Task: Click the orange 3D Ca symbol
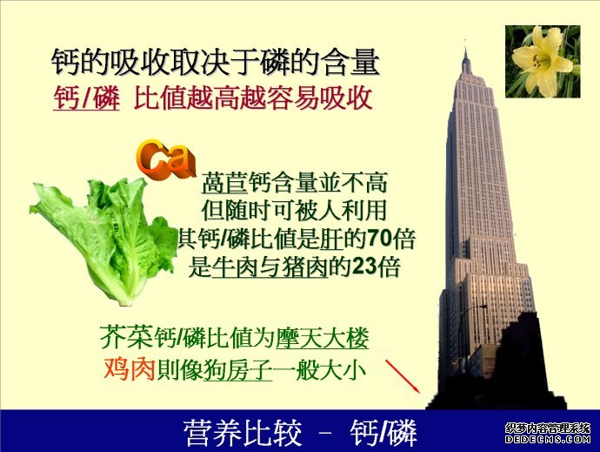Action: click(164, 160)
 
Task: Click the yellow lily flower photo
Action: click(543, 61)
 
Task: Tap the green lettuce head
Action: click(104, 239)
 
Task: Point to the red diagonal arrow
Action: click(403, 376)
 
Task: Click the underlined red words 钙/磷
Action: click(86, 98)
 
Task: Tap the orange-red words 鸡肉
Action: click(129, 369)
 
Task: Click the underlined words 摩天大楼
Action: click(323, 338)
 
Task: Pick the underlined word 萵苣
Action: click(224, 182)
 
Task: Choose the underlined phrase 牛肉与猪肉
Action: click(270, 266)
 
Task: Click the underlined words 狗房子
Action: click(237, 369)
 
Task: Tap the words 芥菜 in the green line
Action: click(127, 337)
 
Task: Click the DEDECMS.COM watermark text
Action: click(548, 439)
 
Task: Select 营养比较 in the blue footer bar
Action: click(243, 433)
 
